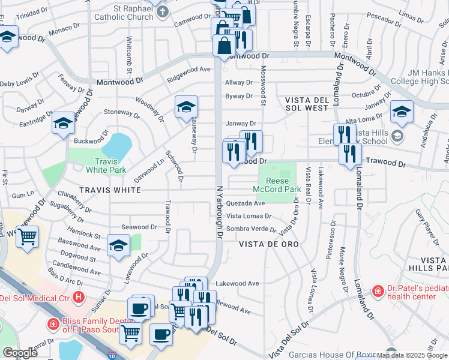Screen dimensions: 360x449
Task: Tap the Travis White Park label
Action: click(x=109, y=165)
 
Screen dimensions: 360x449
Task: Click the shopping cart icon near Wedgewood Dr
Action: click(x=27, y=237)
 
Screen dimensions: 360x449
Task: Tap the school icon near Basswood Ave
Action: click(x=118, y=245)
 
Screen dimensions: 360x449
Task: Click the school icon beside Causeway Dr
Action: click(x=186, y=107)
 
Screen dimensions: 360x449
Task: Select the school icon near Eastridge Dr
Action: click(x=63, y=123)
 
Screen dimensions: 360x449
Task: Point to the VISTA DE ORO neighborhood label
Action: click(x=268, y=245)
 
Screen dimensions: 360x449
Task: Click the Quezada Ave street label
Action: click(x=246, y=203)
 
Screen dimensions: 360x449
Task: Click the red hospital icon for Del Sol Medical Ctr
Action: click(x=78, y=298)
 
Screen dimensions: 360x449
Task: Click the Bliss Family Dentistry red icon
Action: click(x=53, y=324)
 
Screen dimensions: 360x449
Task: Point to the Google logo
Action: click(x=20, y=353)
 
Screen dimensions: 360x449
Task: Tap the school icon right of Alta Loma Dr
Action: click(x=402, y=112)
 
